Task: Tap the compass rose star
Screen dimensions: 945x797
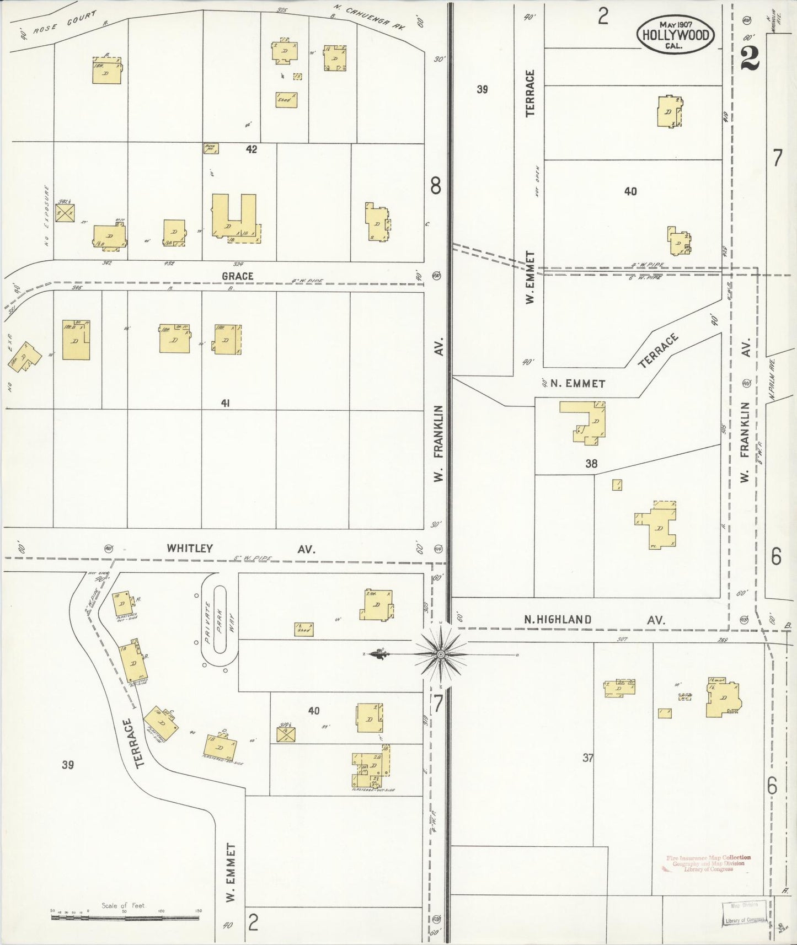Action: [x=440, y=654]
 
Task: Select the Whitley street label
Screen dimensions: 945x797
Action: [x=190, y=549]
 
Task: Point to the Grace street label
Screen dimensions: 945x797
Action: [x=238, y=276]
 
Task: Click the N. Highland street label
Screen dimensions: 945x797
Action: [x=558, y=620]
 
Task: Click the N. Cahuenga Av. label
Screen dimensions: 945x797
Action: [x=368, y=17]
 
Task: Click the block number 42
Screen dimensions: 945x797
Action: [x=252, y=149]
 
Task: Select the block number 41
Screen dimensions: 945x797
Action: [x=225, y=404]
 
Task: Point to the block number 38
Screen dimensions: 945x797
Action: [x=591, y=464]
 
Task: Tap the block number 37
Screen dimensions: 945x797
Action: [x=588, y=758]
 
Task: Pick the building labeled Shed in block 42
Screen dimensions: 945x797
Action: [x=286, y=100]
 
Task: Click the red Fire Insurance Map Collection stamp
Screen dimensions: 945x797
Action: [x=708, y=863]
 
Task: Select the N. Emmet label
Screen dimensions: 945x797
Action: [x=577, y=384]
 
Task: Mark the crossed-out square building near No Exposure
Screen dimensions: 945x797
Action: [x=65, y=213]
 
